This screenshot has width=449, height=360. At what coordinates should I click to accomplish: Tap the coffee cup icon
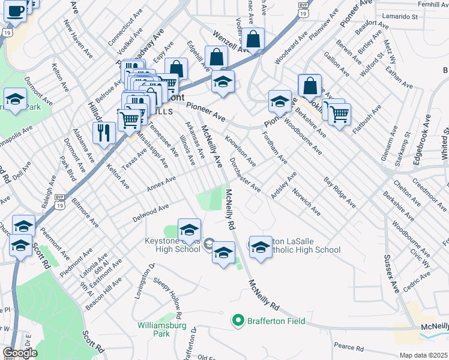[17, 10]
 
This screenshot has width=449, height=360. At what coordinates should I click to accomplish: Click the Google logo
[20, 353]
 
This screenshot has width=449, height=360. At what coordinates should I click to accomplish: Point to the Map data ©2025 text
[423, 355]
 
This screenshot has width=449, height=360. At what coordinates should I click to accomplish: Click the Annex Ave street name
[161, 184]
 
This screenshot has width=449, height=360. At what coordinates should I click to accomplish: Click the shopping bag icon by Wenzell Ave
[254, 40]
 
